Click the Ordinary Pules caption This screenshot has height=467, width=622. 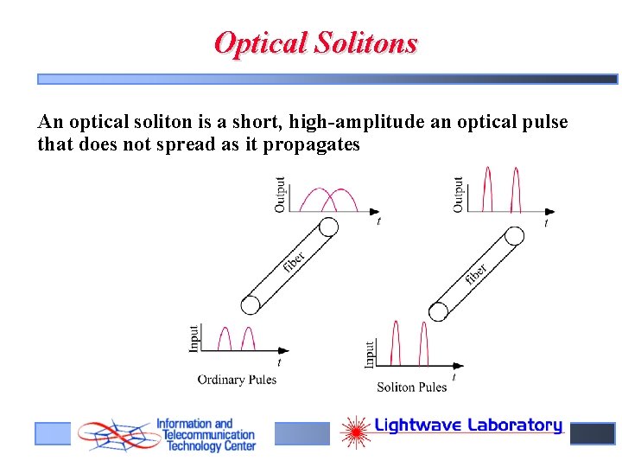click(x=237, y=380)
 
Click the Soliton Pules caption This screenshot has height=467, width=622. click(x=412, y=387)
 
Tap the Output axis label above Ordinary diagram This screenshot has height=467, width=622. click(x=280, y=194)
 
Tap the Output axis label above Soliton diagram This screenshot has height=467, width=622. click(x=459, y=194)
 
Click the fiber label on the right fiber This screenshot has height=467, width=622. click(x=476, y=274)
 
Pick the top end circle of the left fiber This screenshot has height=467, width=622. click(x=328, y=227)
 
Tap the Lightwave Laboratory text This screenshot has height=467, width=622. click(x=468, y=425)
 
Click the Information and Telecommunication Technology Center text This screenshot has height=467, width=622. click(x=206, y=435)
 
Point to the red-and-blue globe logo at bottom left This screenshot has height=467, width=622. click(x=113, y=435)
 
